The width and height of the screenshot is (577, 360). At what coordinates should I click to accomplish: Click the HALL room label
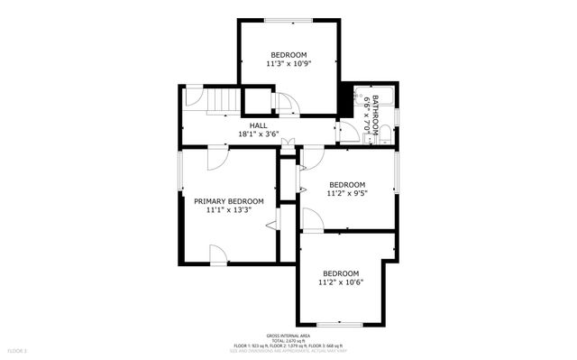(258, 125)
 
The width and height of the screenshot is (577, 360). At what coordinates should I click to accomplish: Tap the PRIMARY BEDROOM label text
(228, 201)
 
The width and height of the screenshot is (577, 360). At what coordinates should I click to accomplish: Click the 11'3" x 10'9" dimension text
(289, 64)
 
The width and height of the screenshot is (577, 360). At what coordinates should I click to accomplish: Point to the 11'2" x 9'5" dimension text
(347, 192)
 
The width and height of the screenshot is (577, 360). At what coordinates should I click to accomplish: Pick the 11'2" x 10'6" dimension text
(340, 282)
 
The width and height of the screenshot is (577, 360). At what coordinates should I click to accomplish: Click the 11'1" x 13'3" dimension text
(228, 210)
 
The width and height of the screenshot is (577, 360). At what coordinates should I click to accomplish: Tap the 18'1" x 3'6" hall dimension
(258, 134)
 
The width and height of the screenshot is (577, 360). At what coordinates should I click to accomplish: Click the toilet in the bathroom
(385, 135)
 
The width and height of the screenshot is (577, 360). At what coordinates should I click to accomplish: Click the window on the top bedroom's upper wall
(288, 20)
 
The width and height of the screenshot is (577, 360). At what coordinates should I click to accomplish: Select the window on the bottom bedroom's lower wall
(340, 323)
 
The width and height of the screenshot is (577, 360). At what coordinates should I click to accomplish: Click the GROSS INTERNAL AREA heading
(288, 334)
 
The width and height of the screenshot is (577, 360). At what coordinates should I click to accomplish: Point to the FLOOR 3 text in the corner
(18, 349)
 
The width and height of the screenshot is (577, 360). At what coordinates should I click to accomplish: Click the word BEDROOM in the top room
(289, 54)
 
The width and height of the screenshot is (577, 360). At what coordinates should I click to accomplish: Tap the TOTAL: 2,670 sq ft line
(288, 340)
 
